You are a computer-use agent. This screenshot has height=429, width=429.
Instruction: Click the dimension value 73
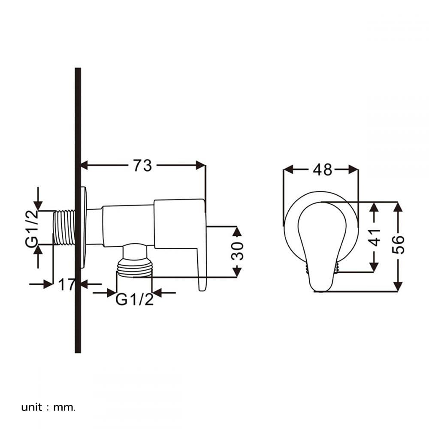(142, 166)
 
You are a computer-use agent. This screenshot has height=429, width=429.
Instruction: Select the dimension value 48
(323, 169)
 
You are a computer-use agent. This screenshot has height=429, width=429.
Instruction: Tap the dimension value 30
(237, 251)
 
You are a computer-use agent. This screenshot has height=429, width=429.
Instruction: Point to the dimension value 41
(374, 237)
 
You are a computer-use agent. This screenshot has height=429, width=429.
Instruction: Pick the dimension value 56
(398, 245)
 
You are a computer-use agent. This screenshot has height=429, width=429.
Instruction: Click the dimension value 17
(66, 284)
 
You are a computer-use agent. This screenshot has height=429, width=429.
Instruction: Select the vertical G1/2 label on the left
(32, 229)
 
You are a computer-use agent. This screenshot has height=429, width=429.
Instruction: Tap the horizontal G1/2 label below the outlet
(134, 299)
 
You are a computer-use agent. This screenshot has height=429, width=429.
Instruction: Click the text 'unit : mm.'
(48, 408)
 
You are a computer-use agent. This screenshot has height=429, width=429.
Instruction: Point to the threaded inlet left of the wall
(64, 227)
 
